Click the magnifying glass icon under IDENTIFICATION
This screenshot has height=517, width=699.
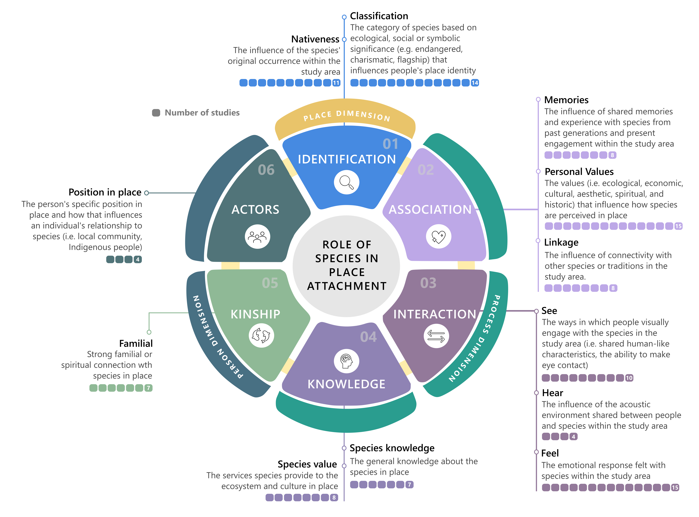(346, 182)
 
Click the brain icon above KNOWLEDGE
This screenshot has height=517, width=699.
(346, 361)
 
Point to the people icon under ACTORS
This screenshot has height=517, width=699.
(257, 237)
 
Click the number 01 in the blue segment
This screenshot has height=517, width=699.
(390, 144)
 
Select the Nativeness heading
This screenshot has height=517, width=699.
(315, 39)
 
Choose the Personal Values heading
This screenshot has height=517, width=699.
(579, 172)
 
